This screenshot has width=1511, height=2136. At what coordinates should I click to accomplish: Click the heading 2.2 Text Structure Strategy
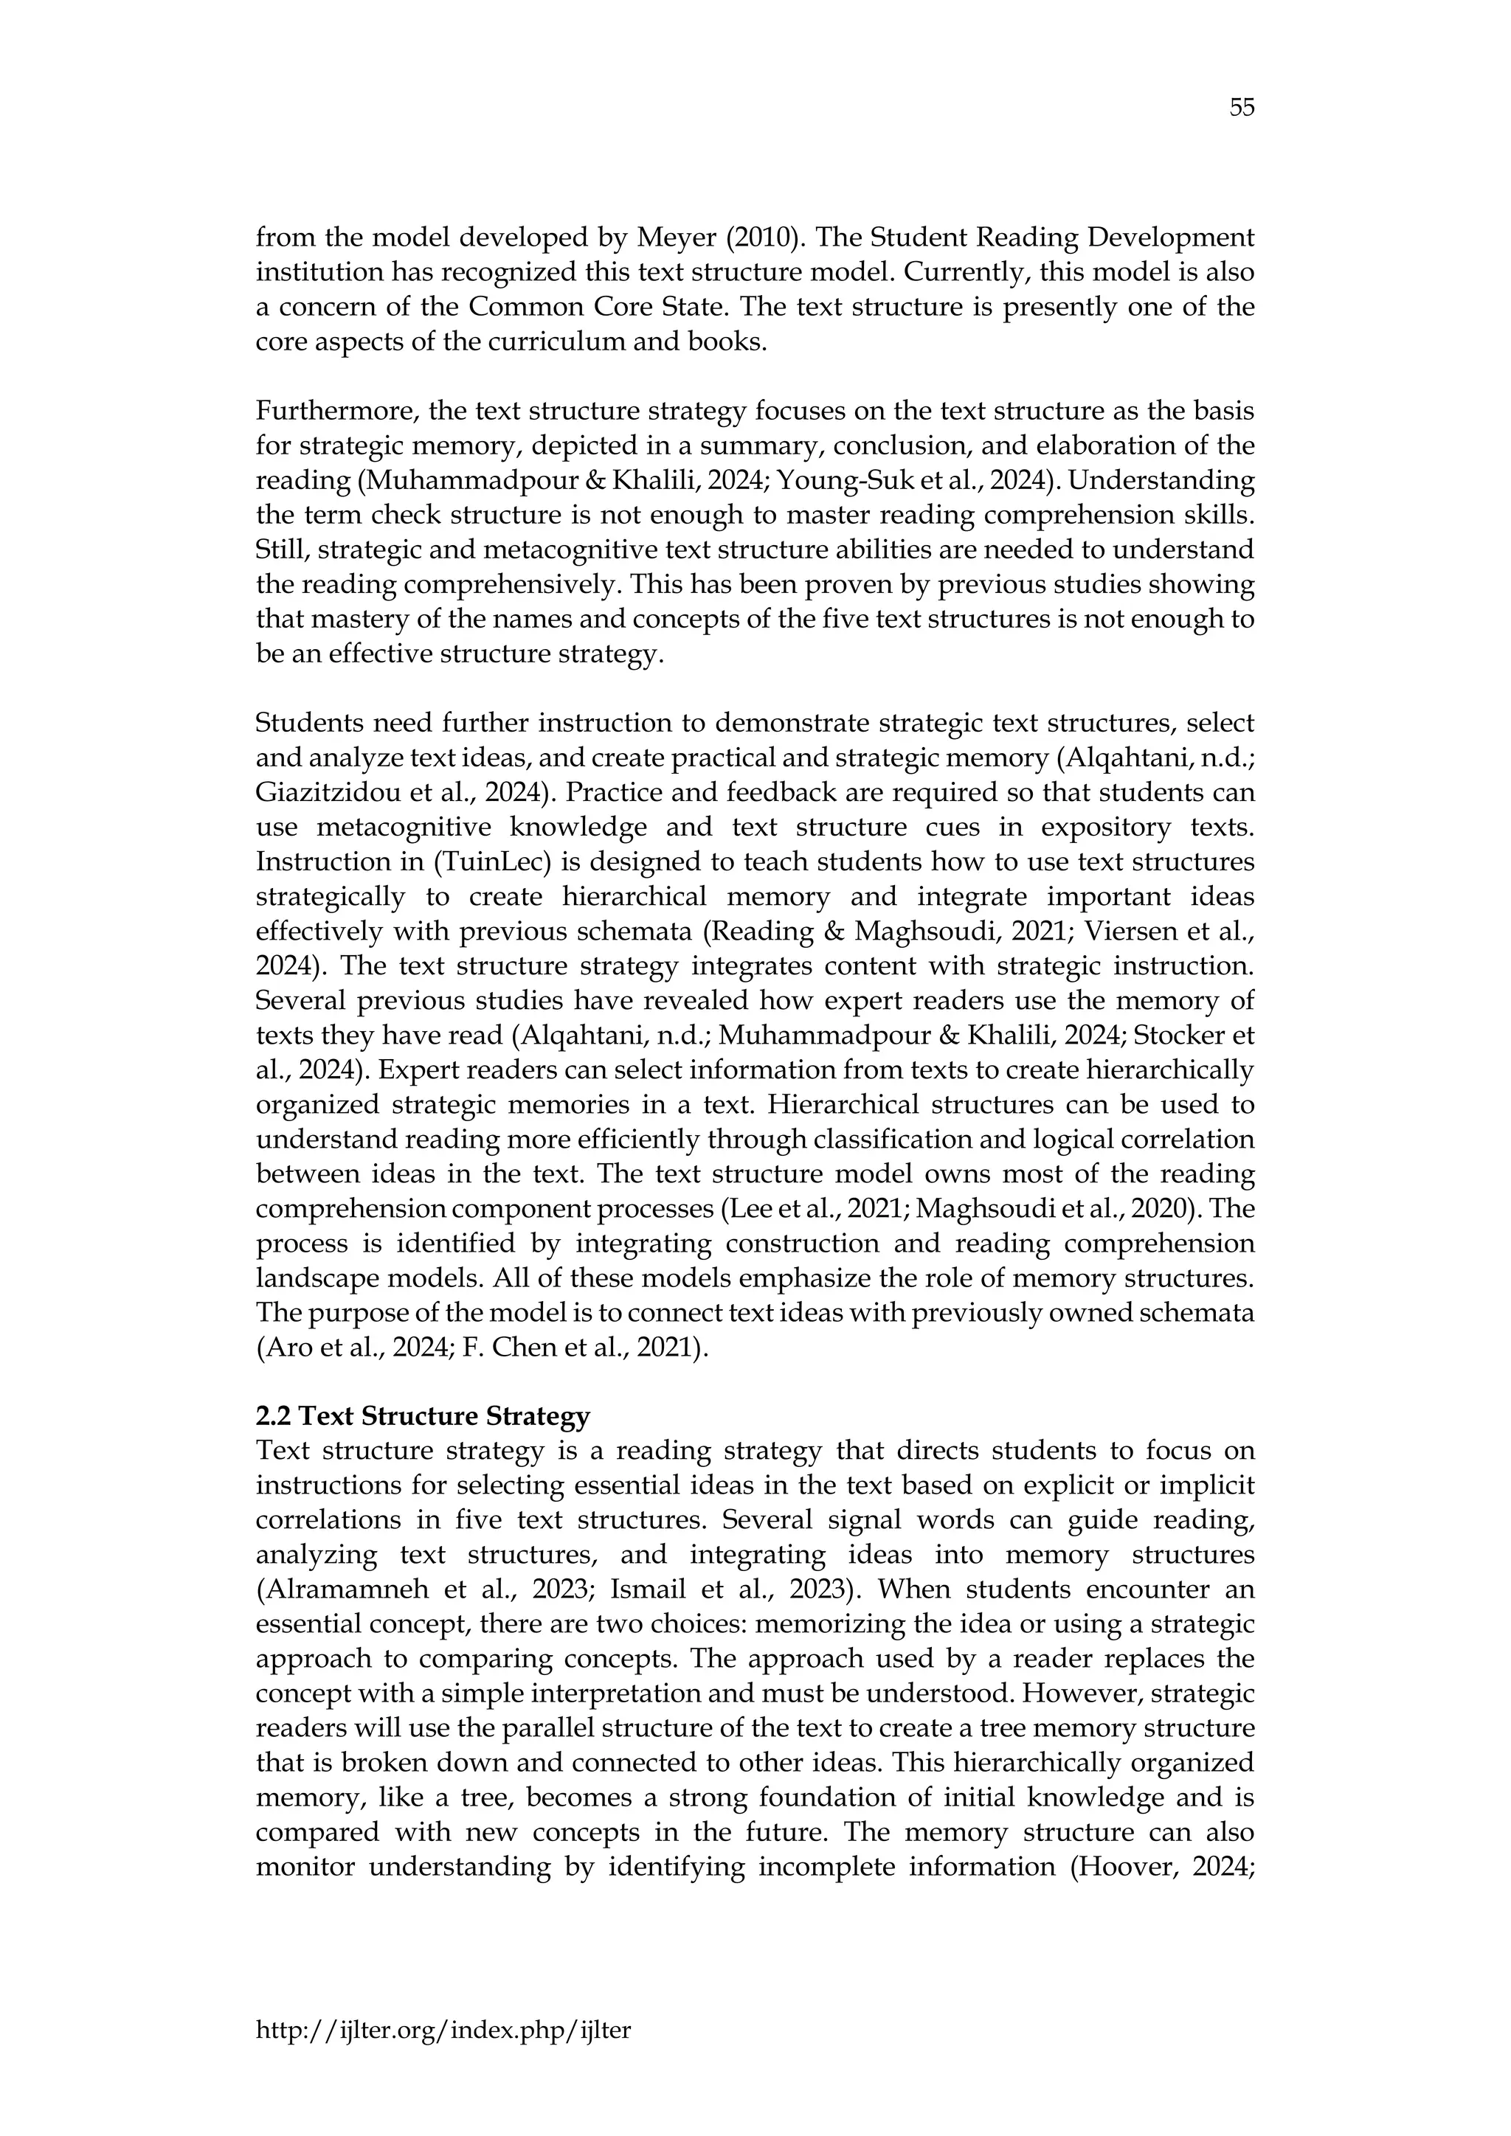click(423, 1416)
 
